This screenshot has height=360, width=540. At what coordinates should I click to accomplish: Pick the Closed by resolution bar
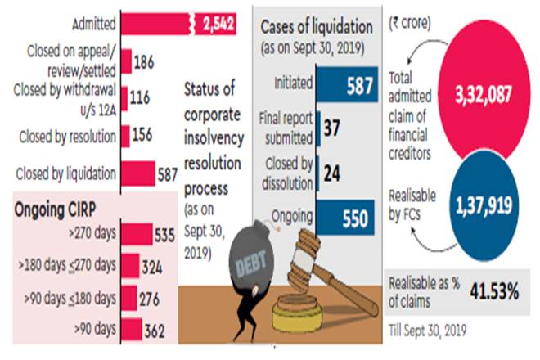(x=125, y=135)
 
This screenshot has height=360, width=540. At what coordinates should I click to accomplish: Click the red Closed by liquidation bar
(x=137, y=173)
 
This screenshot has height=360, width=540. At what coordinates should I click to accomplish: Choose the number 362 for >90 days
(x=152, y=331)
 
